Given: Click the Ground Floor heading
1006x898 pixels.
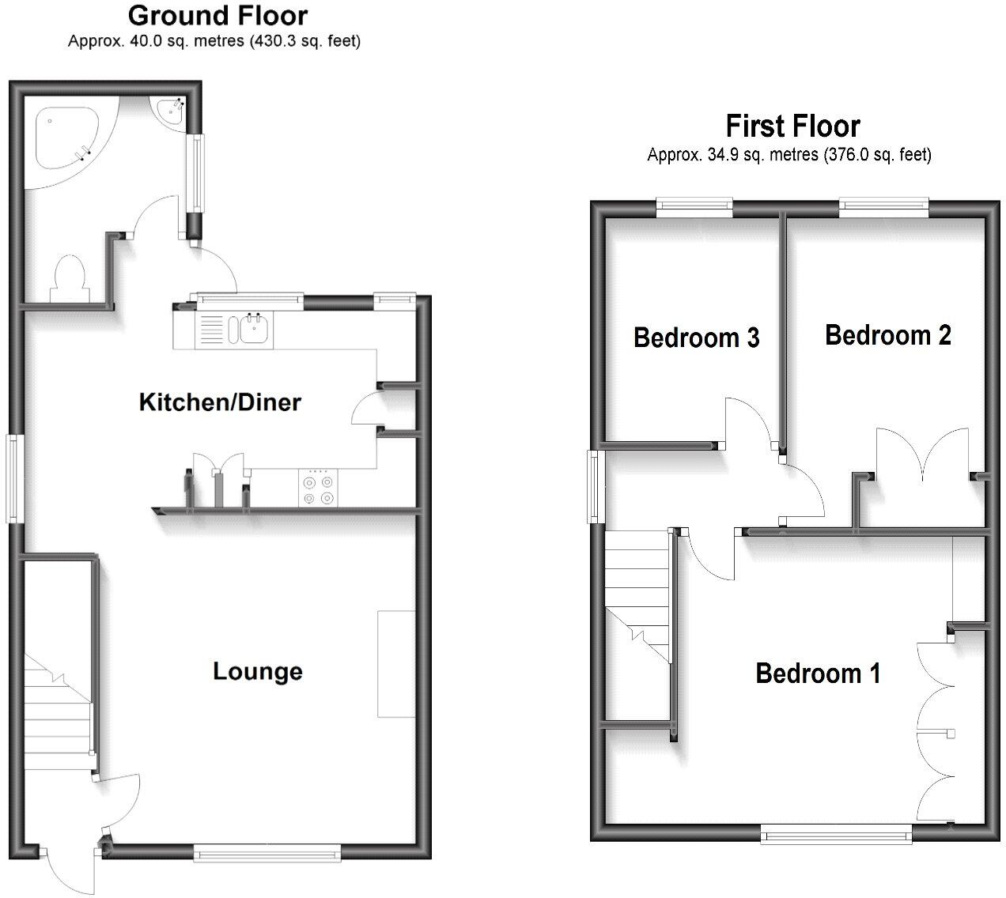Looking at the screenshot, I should (x=217, y=15).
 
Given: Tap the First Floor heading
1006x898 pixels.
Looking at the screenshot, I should (x=792, y=126).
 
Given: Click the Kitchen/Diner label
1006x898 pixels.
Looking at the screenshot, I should (x=220, y=402).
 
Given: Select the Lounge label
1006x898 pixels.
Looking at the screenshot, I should (x=258, y=672).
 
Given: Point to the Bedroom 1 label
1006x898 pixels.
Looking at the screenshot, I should (x=818, y=673).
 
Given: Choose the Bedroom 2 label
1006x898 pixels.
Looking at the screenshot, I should (x=887, y=335).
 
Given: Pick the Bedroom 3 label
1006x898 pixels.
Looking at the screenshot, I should (x=696, y=338).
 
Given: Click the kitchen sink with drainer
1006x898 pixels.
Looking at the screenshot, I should (x=234, y=330).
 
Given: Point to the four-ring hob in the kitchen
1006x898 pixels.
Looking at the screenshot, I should (x=316, y=489).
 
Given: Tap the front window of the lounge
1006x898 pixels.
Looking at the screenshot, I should (x=267, y=851).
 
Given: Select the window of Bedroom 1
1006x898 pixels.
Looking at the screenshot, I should (x=836, y=832).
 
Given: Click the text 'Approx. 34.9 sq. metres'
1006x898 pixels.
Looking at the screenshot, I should (x=732, y=155).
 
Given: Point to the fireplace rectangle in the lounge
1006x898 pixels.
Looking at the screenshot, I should (x=395, y=664).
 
